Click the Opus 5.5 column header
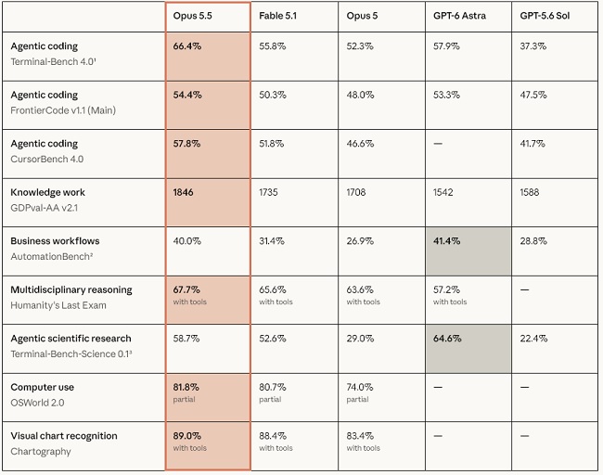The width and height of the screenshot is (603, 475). (192, 16)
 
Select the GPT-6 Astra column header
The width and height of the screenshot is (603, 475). (459, 16)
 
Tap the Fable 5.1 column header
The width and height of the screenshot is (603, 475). (277, 16)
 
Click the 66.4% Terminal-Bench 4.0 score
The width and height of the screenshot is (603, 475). (186, 46)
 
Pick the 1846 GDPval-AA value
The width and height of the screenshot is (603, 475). (183, 192)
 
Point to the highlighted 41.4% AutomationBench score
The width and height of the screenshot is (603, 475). (446, 241)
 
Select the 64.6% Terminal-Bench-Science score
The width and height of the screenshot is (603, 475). (447, 339)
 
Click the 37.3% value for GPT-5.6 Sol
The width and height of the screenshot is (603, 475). (533, 46)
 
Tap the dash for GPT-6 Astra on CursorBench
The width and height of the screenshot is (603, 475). (438, 144)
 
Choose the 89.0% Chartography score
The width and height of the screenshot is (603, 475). (186, 436)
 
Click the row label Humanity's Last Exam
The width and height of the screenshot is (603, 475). (58, 305)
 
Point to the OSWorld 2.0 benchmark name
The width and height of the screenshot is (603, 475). (37, 403)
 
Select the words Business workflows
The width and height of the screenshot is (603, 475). (55, 241)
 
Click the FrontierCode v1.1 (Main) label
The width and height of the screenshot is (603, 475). (63, 110)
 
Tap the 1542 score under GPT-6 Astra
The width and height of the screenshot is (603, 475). (443, 192)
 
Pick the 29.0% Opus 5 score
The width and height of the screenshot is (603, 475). (360, 339)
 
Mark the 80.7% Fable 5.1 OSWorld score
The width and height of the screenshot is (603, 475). (272, 387)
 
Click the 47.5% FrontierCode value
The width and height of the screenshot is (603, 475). (533, 95)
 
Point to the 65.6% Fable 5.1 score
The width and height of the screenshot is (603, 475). (272, 289)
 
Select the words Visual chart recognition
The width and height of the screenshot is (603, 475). (64, 436)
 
